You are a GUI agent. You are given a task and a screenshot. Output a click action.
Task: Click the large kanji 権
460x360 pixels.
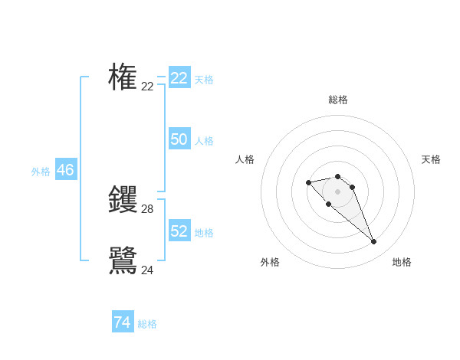(x=123, y=77)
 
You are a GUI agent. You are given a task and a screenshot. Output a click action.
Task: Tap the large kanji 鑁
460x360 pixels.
(x=123, y=200)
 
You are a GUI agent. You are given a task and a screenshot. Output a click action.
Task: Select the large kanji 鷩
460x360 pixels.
(x=123, y=260)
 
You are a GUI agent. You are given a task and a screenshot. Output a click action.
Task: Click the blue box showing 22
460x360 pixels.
(x=179, y=78)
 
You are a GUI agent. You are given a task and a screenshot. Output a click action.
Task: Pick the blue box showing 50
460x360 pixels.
(x=179, y=139)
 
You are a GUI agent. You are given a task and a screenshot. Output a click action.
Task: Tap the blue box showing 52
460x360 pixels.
(x=179, y=231)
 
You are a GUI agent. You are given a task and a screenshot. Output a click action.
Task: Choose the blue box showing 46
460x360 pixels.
(x=66, y=170)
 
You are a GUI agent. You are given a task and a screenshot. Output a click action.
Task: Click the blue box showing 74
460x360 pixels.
(x=123, y=322)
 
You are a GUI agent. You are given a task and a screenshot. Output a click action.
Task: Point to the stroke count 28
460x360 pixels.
(x=147, y=209)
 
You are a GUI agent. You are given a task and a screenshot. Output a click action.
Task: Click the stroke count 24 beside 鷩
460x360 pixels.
(x=147, y=270)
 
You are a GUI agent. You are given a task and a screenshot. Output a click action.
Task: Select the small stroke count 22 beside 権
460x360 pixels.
(x=147, y=87)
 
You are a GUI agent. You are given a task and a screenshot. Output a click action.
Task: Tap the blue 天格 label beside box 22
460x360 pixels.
(x=204, y=80)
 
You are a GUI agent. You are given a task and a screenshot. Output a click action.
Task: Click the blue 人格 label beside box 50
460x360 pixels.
(x=204, y=141)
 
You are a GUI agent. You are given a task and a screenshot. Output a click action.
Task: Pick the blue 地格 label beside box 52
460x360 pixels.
(x=204, y=233)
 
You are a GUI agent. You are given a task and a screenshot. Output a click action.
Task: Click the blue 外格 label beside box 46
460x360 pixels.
(x=41, y=172)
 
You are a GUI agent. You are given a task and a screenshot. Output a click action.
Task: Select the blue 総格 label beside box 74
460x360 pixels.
(x=147, y=324)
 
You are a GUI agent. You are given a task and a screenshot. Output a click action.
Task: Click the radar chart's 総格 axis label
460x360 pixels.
(x=337, y=100)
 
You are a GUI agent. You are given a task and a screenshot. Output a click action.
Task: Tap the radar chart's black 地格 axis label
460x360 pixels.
(x=402, y=262)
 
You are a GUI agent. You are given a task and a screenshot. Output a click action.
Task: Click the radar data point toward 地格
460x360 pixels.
(x=373, y=242)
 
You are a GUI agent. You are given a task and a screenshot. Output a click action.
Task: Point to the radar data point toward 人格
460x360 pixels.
(x=308, y=182)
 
